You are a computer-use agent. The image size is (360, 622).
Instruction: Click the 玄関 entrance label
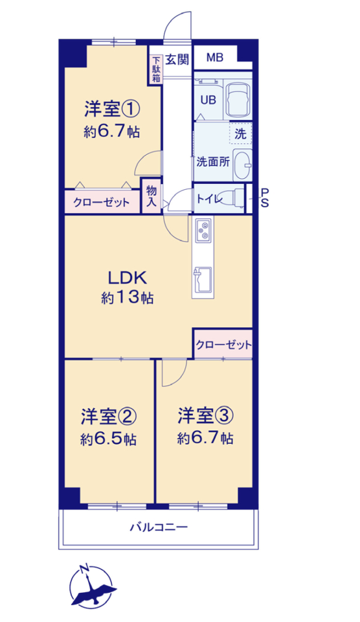(177, 60)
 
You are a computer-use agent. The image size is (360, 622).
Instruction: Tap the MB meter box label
(215, 58)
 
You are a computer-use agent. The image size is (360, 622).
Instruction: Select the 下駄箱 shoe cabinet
(156, 69)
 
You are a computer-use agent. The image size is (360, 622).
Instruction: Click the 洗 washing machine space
(240, 133)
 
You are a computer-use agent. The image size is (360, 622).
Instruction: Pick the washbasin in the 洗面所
(242, 165)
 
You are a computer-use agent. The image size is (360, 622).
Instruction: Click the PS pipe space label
(264, 198)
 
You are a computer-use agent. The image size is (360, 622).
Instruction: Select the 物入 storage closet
(152, 196)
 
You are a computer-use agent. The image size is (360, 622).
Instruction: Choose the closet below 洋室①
(102, 202)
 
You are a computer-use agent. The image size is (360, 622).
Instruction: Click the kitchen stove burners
(203, 231)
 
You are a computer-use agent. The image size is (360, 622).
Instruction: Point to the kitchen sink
(202, 281)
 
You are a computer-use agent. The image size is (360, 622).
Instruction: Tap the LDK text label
(128, 278)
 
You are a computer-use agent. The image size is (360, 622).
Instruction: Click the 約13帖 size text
(128, 297)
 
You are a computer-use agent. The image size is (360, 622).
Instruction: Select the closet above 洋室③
(223, 344)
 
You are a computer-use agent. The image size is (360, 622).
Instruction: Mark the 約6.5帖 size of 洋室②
(109, 439)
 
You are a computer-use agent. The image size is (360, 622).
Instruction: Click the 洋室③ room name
(205, 416)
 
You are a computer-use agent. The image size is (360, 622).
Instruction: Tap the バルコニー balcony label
(159, 527)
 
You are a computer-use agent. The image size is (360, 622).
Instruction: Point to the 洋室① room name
(112, 109)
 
